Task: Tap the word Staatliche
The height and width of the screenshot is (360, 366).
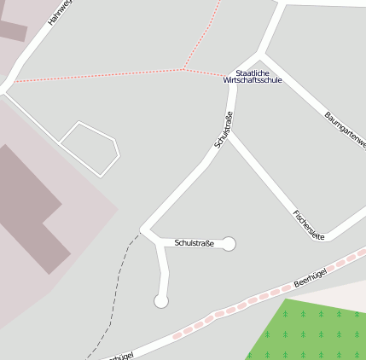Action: pos(253,73)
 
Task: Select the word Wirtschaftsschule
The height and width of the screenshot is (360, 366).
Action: pos(253,80)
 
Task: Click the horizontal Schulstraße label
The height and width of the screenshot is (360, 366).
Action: pos(194,244)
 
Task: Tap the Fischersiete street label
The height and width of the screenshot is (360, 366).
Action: pos(308,224)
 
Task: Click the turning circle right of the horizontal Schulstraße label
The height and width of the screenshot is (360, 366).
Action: pos(229,244)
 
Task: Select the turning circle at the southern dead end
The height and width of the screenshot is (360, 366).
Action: pos(160,300)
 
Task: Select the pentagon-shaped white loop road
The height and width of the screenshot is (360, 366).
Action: pos(90,148)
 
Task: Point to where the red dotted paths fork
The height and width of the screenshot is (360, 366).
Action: pos(183,69)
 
